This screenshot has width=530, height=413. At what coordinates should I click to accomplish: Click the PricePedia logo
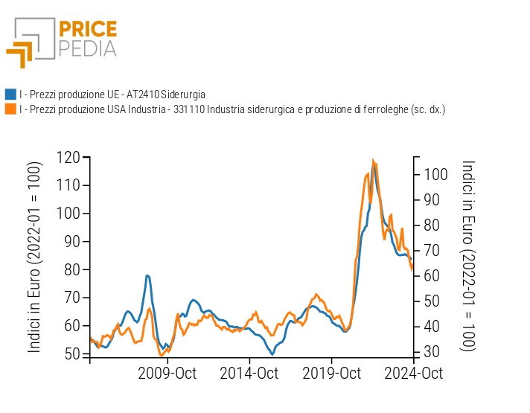pyautogui.click(x=62, y=42)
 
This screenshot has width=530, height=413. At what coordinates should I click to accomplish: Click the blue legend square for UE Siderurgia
pyautogui.click(x=10, y=95)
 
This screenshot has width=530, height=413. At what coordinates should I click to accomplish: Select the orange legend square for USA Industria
pyautogui.click(x=10, y=109)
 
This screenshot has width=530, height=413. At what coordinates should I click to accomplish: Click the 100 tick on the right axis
pyautogui.click(x=438, y=174)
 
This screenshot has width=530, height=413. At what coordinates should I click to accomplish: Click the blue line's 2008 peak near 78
pyautogui.click(x=148, y=275)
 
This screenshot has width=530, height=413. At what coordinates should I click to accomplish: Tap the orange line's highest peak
pyautogui.click(x=373, y=160)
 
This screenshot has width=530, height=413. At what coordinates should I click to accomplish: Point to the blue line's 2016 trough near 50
pyautogui.click(x=272, y=354)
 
